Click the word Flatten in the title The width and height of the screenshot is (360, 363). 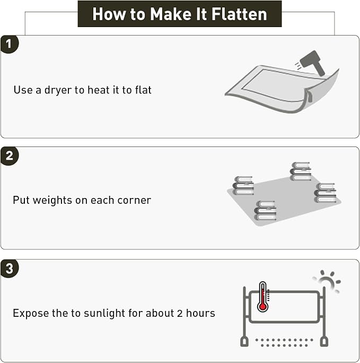point(239,14)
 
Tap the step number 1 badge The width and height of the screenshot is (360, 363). point(9,44)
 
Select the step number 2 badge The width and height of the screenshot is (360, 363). point(9,155)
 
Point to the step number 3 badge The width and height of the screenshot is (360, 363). point(9,269)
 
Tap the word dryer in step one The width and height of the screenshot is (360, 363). point(58,90)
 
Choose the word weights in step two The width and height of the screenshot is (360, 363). point(52,201)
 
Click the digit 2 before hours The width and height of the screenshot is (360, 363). point(180,314)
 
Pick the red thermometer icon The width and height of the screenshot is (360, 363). point(262,297)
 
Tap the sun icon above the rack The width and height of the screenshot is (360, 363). point(327,281)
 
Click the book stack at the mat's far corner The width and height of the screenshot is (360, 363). point(300,171)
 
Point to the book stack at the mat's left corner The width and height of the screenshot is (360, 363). point(243,185)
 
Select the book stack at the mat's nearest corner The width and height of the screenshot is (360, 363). point(265,211)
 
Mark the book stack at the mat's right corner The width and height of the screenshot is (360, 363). point(325,193)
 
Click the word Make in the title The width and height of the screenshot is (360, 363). point(171,14)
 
